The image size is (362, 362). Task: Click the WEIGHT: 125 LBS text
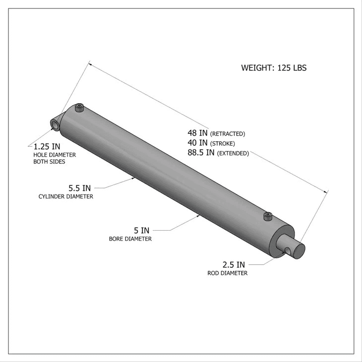[274, 68]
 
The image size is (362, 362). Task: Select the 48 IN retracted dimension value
[198, 133]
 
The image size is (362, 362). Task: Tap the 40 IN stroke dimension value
[198, 143]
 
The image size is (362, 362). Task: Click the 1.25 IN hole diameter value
[47, 147]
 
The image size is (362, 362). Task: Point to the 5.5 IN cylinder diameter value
[79, 188]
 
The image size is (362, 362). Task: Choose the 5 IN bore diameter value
[141, 230]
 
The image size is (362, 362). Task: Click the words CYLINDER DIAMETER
[66, 197]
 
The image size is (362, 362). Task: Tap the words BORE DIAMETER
[130, 239]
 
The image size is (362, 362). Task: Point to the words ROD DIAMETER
[228, 273]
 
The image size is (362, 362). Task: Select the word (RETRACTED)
[228, 134]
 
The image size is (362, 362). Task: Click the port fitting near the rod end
[268, 216]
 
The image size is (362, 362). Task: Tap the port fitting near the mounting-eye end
[79, 108]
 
